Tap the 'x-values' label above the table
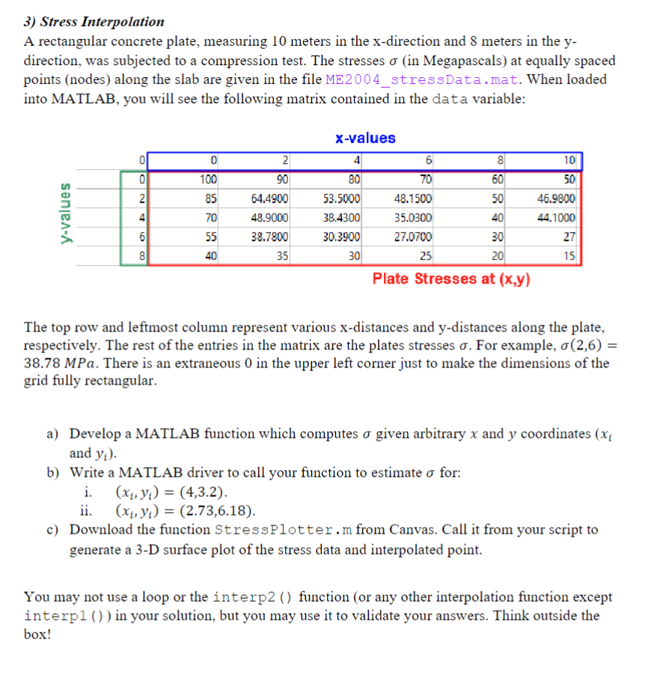(x=365, y=138)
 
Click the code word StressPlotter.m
(x=284, y=531)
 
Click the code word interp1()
(x=55, y=616)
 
